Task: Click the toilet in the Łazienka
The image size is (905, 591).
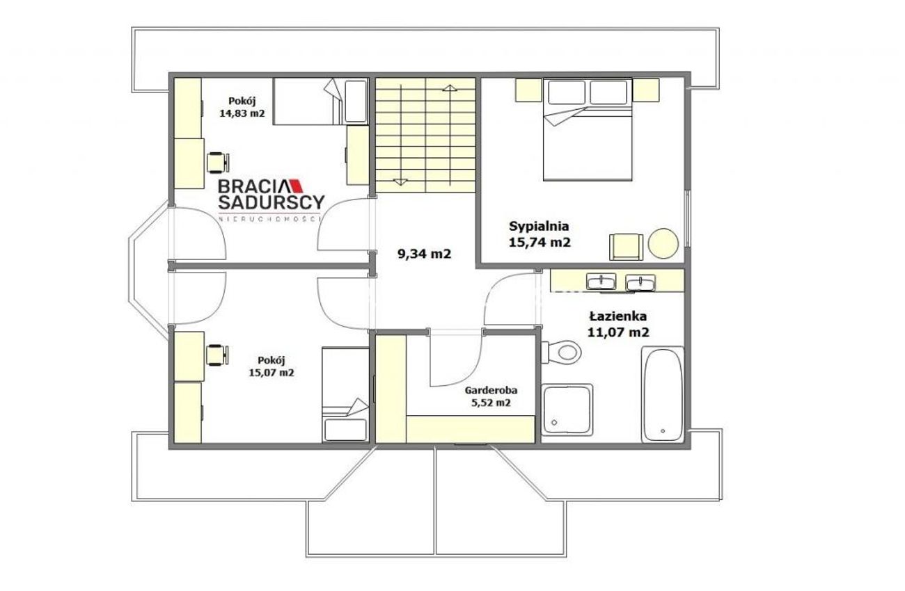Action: tap(562, 352)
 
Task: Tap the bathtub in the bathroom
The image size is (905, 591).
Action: tap(663, 394)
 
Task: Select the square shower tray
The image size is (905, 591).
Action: tap(567, 410)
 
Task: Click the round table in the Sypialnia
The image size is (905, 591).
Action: tap(663, 243)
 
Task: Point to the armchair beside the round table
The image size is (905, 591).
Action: tap(626, 247)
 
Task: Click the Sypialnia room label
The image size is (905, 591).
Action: tap(539, 226)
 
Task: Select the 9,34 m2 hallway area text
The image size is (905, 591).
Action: tap(424, 254)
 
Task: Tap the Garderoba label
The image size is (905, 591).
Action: tap(491, 390)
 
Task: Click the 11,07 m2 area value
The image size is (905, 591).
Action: tap(619, 332)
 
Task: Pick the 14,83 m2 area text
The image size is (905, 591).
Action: tap(242, 113)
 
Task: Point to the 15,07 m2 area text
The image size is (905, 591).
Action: tap(271, 373)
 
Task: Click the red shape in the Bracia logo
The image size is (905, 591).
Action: tap(298, 186)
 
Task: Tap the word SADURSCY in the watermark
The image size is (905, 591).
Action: tap(271, 202)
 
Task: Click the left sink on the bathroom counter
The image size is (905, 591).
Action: tap(601, 281)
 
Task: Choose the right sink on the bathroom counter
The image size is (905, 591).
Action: tap(640, 282)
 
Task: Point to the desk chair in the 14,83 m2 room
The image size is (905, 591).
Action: tap(219, 163)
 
